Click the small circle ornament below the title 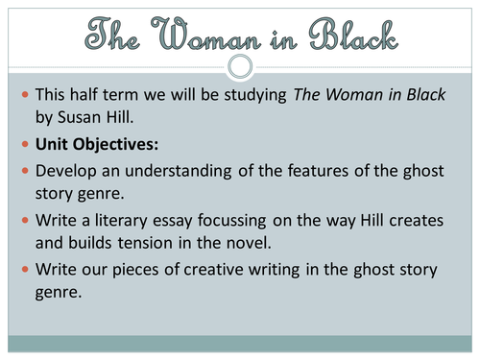240,66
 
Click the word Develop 67,173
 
